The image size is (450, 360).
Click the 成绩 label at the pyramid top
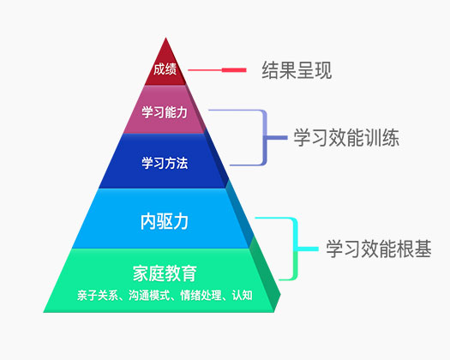(x=165, y=69)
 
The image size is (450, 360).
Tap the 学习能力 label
(x=165, y=112)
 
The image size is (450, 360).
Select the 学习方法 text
(x=165, y=163)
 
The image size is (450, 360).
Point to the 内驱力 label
(x=165, y=221)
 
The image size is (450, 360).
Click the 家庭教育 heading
(x=165, y=273)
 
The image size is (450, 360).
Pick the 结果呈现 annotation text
(x=297, y=70)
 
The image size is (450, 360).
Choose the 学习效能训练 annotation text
(x=346, y=138)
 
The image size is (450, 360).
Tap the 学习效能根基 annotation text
(x=379, y=249)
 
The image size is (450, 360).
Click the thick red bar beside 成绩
(x=234, y=70)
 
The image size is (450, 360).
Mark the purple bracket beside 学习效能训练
(x=265, y=138)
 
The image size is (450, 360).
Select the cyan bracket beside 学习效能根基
(x=296, y=249)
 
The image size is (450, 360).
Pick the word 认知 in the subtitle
(x=243, y=296)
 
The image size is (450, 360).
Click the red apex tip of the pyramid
(x=165, y=38)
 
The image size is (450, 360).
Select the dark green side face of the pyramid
(x=264, y=276)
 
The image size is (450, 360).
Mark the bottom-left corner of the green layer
(x=44, y=312)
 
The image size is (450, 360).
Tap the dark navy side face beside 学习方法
(x=217, y=159)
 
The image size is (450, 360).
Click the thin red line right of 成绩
(x=205, y=70)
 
